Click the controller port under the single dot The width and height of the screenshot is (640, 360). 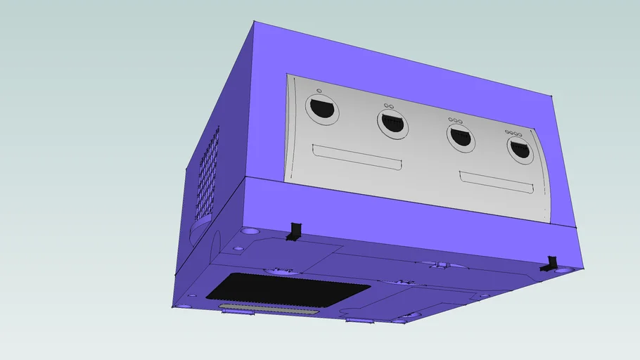pyautogui.click(x=322, y=109)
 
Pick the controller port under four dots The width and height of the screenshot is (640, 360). pyautogui.click(x=520, y=150)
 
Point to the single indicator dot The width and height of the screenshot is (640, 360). pyautogui.click(x=319, y=91)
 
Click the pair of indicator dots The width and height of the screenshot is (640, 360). pyautogui.click(x=388, y=105)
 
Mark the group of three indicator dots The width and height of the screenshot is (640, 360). pyautogui.click(x=455, y=120)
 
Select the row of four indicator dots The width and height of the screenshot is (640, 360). pyautogui.click(x=514, y=133)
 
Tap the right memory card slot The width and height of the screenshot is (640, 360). pyautogui.click(x=497, y=184)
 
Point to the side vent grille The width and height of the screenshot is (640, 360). pyautogui.click(x=207, y=174)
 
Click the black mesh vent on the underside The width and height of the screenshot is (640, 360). pyautogui.click(x=288, y=290)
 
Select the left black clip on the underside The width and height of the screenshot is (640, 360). pyautogui.click(x=294, y=232)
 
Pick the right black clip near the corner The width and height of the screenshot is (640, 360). pyautogui.click(x=550, y=264)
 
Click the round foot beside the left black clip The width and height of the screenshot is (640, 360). pyautogui.click(x=250, y=231)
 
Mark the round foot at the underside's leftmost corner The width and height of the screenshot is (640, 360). pyautogui.click(x=184, y=305)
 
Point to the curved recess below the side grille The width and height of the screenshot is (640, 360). pyautogui.click(x=200, y=226)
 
